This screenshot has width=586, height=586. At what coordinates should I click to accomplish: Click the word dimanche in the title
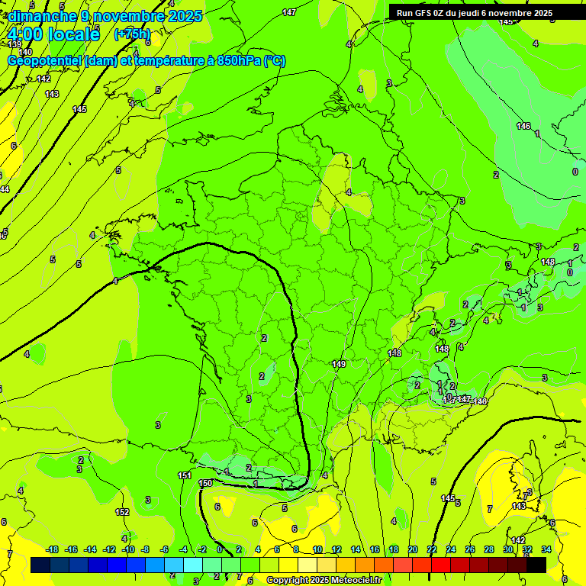38,16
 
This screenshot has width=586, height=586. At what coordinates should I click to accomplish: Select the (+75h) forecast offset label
132,34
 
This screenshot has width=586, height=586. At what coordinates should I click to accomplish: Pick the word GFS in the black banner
424,13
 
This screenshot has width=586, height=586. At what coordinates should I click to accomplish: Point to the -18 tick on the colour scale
52,549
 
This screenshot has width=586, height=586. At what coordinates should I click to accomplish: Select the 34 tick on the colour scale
546,549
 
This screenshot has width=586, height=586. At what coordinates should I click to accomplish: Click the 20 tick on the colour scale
413,549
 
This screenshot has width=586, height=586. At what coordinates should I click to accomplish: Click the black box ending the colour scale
536,565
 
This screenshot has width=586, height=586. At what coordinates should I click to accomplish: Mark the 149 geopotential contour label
340,364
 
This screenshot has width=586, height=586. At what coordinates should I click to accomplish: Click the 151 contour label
185,475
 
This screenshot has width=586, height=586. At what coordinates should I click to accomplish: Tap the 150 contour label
205,483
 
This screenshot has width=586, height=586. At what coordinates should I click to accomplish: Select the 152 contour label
122,512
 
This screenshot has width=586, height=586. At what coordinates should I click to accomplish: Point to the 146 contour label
523,126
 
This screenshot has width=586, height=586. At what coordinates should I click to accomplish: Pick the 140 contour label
25,52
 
